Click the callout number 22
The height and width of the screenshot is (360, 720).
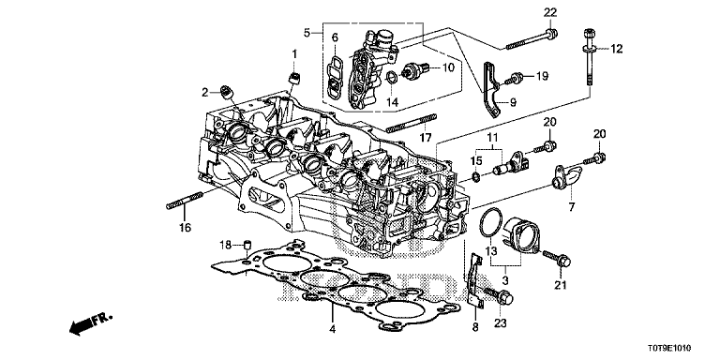coord(550,13)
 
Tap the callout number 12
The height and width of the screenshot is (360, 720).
coord(616,49)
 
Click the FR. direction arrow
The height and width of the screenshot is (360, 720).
coord(90,323)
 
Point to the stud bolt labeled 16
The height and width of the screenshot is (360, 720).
coord(184,201)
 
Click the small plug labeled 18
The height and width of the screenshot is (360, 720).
coord(247,244)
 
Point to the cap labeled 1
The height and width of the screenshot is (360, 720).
coord(294,77)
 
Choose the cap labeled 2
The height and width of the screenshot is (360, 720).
coord(226,92)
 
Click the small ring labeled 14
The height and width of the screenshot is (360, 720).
coord(391,78)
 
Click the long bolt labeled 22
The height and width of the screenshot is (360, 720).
coord(532,39)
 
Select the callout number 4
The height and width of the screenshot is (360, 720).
coord(333,329)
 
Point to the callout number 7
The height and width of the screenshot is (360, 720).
coord(571,207)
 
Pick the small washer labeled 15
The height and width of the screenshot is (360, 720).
coord(476,176)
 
